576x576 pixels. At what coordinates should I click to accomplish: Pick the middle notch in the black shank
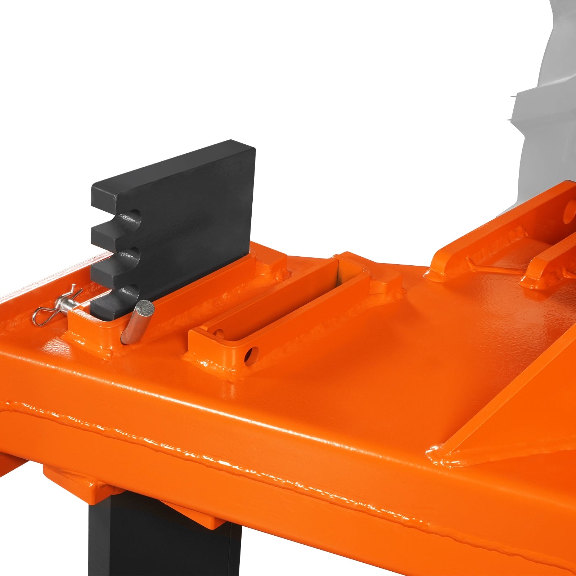click(x=131, y=256)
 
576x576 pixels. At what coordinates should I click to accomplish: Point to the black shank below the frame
click(x=162, y=540)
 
